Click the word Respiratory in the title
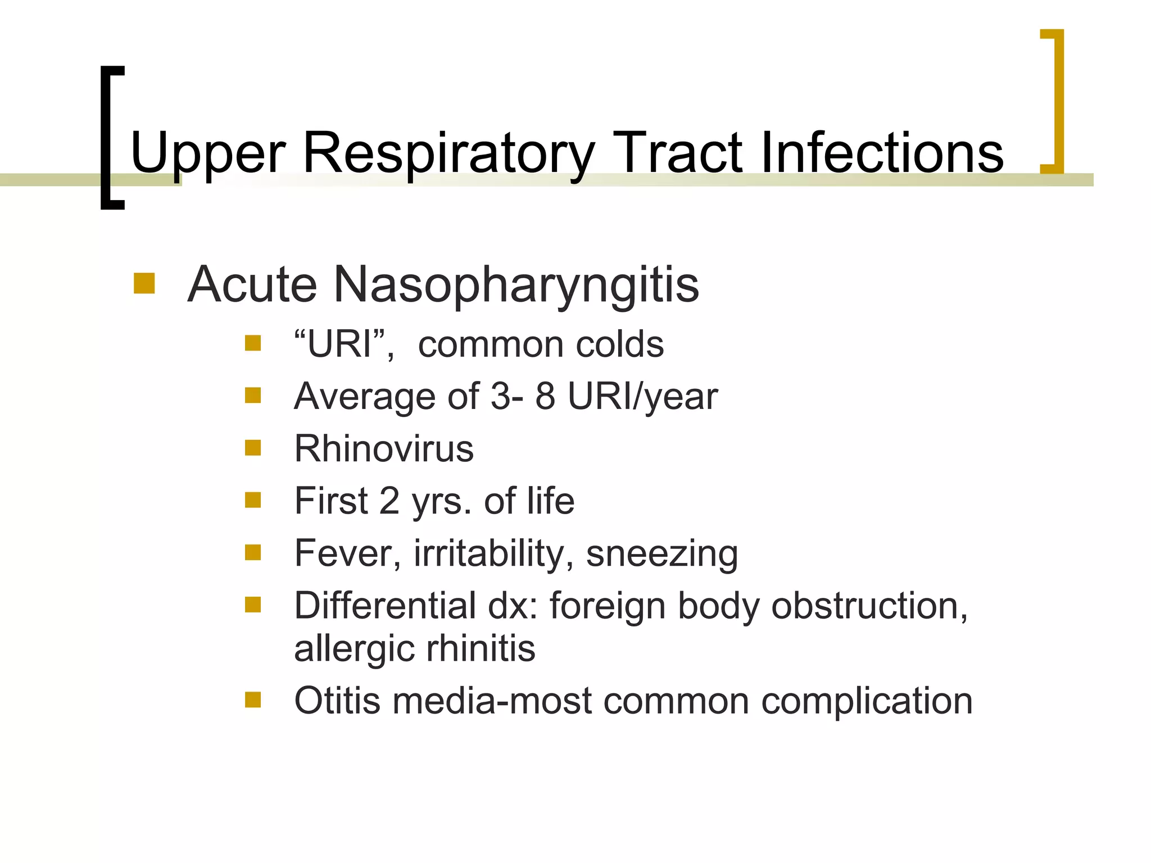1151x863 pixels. click(448, 153)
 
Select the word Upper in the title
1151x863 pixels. click(208, 153)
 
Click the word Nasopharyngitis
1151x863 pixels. click(516, 284)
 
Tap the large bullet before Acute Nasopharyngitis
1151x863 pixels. click(144, 283)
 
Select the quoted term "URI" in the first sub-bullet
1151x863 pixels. click(341, 344)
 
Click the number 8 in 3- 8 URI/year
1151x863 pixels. click(545, 396)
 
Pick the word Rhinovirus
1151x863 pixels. click(384, 448)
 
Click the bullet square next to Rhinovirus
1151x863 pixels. click(253, 448)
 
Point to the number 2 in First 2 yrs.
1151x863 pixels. click(389, 501)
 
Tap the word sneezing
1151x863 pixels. click(661, 553)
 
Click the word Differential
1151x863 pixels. click(385, 606)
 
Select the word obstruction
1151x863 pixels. click(869, 606)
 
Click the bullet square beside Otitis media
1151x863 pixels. click(253, 700)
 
